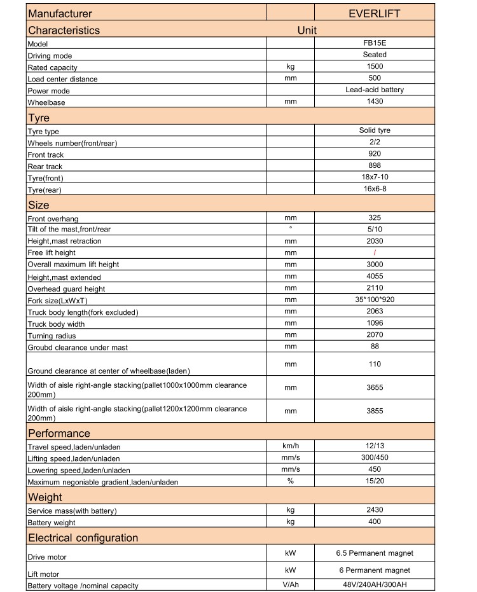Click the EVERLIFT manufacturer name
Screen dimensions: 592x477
tap(375, 13)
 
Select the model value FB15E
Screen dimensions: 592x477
tap(375, 43)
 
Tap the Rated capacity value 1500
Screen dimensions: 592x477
tap(375, 66)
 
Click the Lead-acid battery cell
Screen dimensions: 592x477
tap(375, 90)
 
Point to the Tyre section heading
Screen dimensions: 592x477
tap(39, 118)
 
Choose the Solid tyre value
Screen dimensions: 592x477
tap(375, 130)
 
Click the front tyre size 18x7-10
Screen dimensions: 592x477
tap(375, 177)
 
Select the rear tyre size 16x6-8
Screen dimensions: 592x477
tap(375, 189)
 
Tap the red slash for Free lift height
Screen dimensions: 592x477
tap(375, 252)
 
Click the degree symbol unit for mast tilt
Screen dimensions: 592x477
tap(290, 228)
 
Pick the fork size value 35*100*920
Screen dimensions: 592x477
tap(375, 299)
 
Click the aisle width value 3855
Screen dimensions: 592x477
tap(375, 411)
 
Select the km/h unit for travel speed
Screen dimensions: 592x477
tap(291, 446)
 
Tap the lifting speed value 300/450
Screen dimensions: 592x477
tap(375, 457)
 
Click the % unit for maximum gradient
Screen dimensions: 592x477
tap(290, 481)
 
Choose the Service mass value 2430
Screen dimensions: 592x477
tap(375, 509)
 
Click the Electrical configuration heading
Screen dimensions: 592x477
tap(83, 538)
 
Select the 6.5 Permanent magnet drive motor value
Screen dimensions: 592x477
tap(375, 553)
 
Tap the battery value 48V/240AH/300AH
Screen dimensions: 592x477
tap(375, 585)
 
